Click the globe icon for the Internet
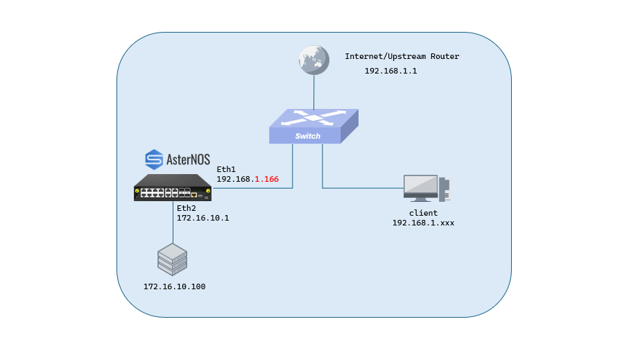[313, 60]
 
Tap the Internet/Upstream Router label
[402, 56]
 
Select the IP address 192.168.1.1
[390, 71]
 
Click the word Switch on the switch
[308, 136]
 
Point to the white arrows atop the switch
[313, 117]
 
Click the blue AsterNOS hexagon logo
[154, 160]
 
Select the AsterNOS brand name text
[188, 160]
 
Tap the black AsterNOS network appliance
[173, 187]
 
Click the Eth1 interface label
[226, 169]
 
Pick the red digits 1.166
[266, 179]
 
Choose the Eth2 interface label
[187, 208]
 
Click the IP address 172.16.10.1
[202, 218]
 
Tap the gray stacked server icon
[172, 259]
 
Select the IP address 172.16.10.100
[174, 286]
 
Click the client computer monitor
[420, 188]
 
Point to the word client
[423, 213]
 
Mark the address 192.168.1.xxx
[423, 223]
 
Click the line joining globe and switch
[313, 92]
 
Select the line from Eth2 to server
[173, 223]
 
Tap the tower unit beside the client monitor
[445, 189]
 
